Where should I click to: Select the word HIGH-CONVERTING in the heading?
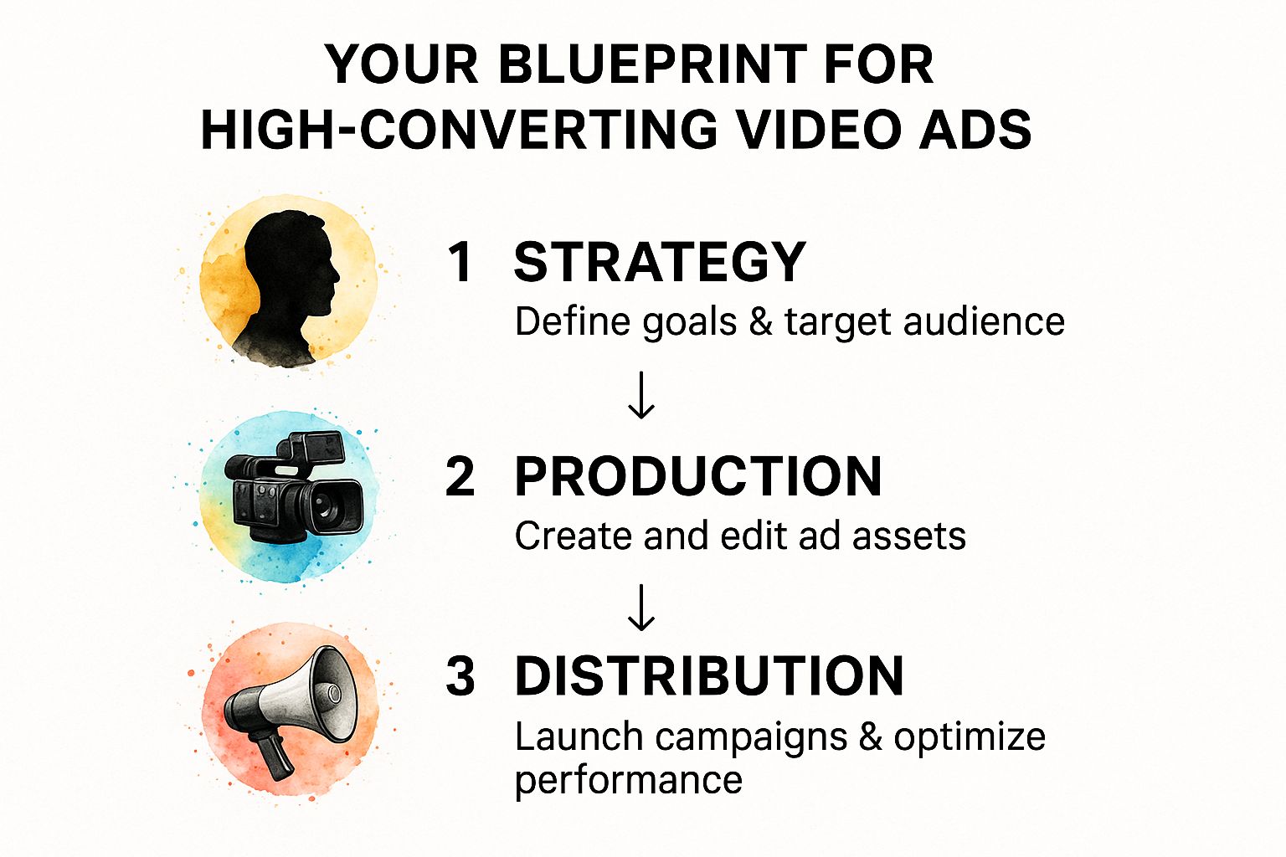tap(460, 129)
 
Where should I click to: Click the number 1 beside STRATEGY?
tap(460, 262)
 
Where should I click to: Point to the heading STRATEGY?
tap(661, 262)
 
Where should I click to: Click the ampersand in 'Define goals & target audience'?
tap(761, 321)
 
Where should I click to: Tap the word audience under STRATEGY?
tap(984, 321)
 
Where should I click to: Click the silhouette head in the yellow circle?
tap(290, 269)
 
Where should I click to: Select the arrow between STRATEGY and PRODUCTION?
tap(641, 395)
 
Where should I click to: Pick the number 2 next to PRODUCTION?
tap(460, 476)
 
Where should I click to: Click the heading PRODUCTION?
tap(698, 476)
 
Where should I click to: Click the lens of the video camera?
tap(328, 505)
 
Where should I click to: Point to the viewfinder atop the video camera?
tap(316, 447)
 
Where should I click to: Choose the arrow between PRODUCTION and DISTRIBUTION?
tap(641, 608)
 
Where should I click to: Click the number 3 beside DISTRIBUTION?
tap(460, 675)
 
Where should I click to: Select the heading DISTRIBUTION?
tap(710, 675)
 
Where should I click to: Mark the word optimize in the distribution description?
tap(970, 737)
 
